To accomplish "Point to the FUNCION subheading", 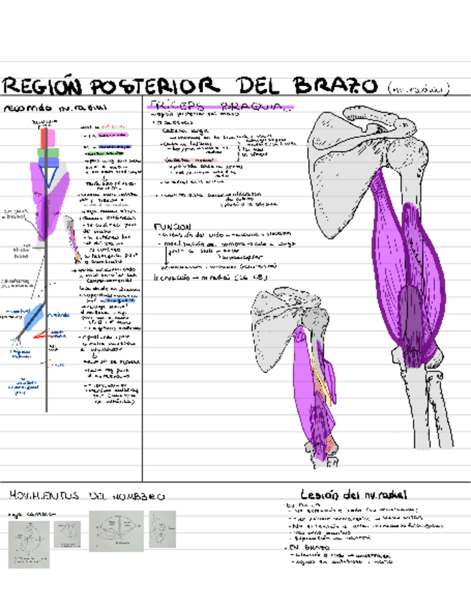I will tap(172, 227).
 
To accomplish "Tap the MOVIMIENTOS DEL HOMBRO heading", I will tap(85, 496).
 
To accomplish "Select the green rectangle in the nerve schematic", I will tap(48, 152).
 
